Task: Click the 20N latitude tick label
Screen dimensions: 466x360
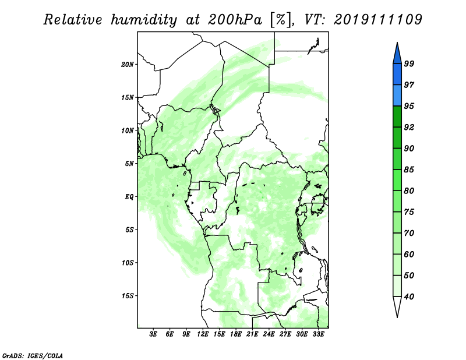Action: click(x=128, y=65)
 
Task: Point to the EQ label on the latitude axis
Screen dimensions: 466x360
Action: click(x=129, y=197)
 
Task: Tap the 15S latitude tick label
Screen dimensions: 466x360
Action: click(x=128, y=296)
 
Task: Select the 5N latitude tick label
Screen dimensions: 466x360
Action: click(x=129, y=164)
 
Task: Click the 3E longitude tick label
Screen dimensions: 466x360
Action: click(x=153, y=334)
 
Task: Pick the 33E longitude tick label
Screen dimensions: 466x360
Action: click(x=318, y=334)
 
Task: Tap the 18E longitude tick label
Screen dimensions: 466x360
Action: click(x=236, y=334)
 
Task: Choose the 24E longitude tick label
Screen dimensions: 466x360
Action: click(x=269, y=334)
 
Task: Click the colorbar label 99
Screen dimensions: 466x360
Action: click(x=409, y=63)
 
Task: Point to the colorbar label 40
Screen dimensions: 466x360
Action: click(x=409, y=297)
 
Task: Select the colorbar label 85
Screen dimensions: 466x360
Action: click(x=409, y=170)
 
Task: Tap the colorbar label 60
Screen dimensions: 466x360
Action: click(x=409, y=255)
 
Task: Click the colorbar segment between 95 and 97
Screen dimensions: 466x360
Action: click(x=397, y=96)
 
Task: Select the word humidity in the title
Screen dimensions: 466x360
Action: click(x=144, y=20)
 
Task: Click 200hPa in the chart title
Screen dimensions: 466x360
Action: click(x=235, y=20)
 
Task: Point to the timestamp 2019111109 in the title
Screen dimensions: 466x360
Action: click(x=377, y=19)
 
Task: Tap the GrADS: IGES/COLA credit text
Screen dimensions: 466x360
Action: click(x=33, y=355)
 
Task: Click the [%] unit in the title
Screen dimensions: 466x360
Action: click(x=281, y=20)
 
